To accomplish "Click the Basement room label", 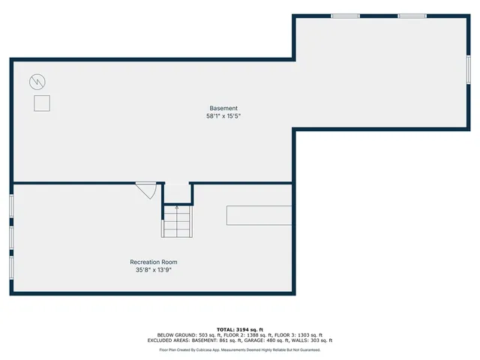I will click(x=223, y=108).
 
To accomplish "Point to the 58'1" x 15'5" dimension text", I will click(x=223, y=116).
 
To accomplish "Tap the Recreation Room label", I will click(x=154, y=262).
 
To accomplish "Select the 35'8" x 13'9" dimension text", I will click(x=154, y=270).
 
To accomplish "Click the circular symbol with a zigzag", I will click(x=37, y=81).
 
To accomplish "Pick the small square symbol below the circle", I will click(x=42, y=103).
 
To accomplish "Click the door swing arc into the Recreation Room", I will click(x=147, y=191).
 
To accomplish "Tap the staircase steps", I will click(x=178, y=222).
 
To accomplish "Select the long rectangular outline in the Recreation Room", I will click(x=259, y=214).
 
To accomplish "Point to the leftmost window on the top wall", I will click(x=345, y=16).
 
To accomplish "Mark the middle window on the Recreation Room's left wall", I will click(x=12, y=236).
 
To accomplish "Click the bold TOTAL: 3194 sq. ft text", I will click(x=240, y=329).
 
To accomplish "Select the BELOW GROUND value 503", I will click(x=200, y=334).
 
